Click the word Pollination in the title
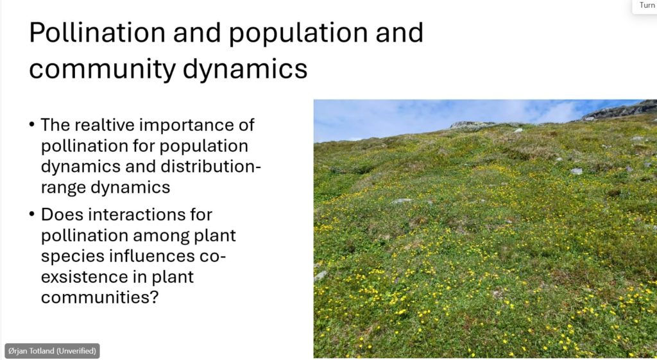click(98, 33)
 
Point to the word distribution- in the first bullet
click(211, 166)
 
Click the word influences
click(152, 255)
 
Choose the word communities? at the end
click(99, 297)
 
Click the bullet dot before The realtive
click(32, 125)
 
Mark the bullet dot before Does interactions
click(32, 214)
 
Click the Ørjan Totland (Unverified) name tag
click(52, 351)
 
